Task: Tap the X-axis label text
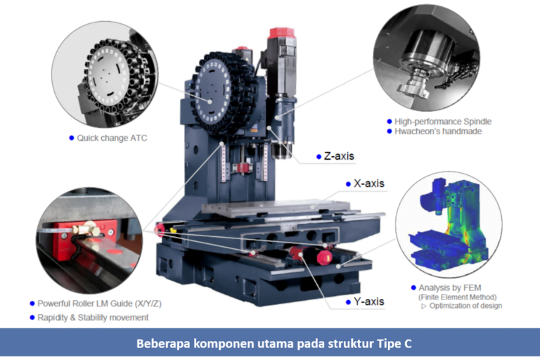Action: coord(368,184)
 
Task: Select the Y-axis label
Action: coord(368,302)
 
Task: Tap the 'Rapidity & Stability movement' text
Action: coord(93,317)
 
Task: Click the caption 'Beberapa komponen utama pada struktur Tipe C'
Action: coord(270,345)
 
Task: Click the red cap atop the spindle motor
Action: coord(282,33)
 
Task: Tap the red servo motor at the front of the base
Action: coord(323,257)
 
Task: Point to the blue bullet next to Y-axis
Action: coord(348,302)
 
